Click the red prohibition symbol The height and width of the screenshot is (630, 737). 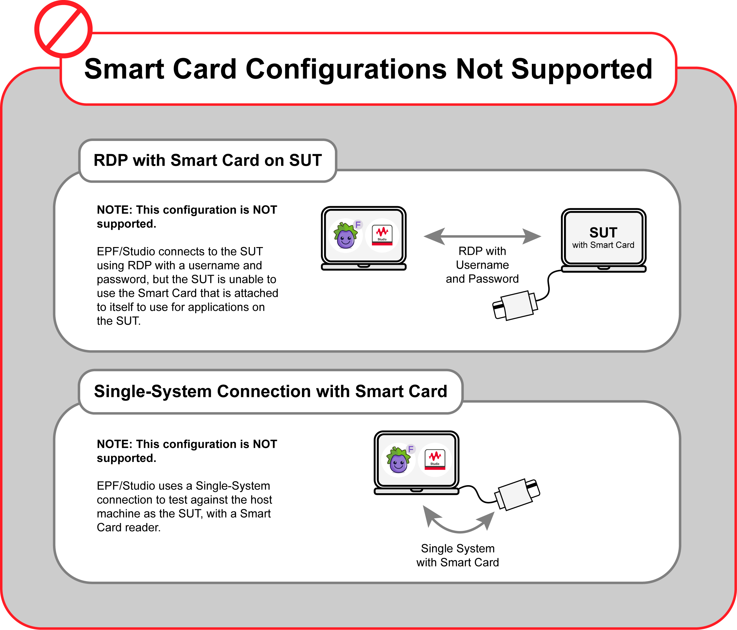tap(63, 29)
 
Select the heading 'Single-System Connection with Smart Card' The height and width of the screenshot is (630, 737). tap(270, 391)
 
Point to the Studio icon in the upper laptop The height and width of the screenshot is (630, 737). tap(382, 235)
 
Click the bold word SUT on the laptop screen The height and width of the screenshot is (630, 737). tap(603, 232)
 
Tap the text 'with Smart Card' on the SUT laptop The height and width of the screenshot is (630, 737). tap(603, 245)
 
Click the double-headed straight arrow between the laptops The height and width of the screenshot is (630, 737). tap(482, 236)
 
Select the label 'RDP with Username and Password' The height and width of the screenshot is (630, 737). tap(482, 265)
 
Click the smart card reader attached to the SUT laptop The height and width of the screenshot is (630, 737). tap(515, 305)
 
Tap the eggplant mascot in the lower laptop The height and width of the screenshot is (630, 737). tap(398, 460)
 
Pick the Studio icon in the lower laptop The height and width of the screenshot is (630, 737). tap(435, 460)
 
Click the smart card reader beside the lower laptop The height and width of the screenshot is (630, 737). tap(517, 494)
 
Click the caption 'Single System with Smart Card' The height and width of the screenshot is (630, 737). tap(458, 555)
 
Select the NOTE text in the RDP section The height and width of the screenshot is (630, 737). tap(187, 217)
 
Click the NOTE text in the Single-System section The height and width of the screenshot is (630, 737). tap(187, 451)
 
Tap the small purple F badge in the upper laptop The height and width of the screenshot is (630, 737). tap(358, 225)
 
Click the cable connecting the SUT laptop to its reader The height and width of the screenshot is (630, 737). tap(549, 285)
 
